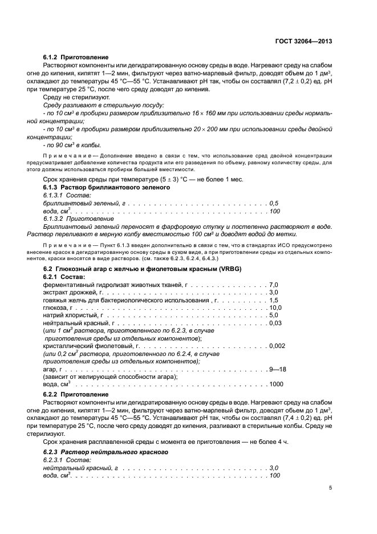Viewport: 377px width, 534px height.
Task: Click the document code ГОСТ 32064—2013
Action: click(305, 41)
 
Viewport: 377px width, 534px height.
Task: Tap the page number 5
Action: click(331, 488)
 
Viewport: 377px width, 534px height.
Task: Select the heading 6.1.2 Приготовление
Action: click(76, 58)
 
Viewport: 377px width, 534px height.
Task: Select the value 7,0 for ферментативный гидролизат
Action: click(273, 284)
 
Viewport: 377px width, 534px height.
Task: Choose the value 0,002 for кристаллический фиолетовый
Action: click(277, 346)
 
